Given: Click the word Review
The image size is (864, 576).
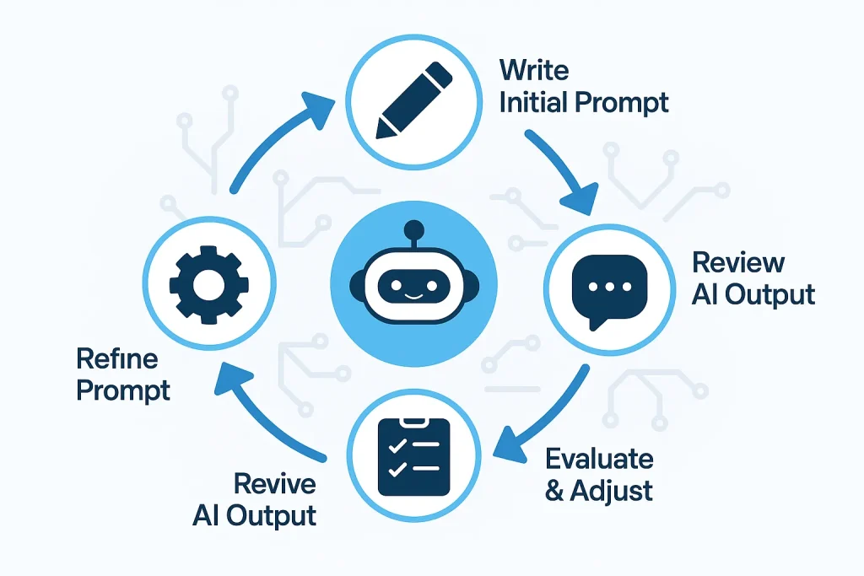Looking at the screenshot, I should coord(738,261).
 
